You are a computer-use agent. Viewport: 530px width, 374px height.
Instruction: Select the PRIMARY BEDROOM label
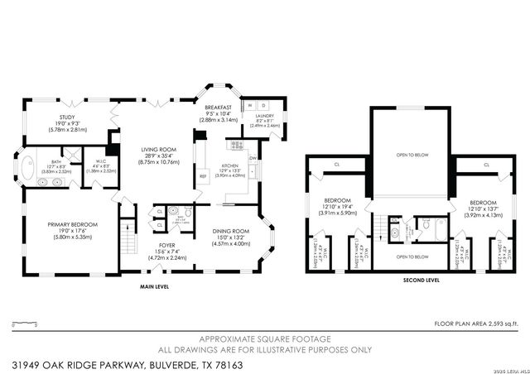point(73,224)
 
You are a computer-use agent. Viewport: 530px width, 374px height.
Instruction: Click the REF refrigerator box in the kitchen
point(202,176)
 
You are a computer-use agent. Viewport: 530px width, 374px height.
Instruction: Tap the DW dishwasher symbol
point(254,157)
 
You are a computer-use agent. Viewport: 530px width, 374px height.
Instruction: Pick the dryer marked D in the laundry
point(264,107)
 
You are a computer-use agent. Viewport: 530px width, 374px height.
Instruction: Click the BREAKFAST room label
point(219,107)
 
